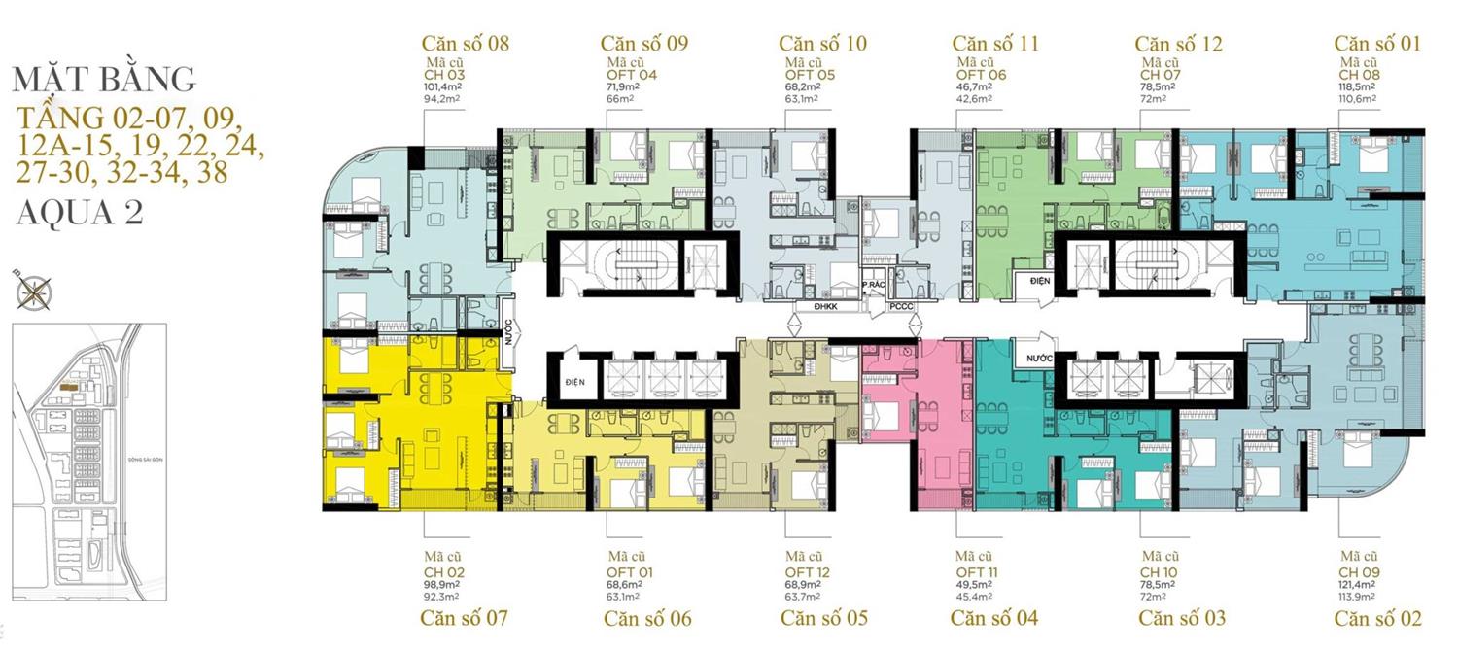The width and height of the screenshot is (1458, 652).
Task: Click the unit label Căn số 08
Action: [465, 44]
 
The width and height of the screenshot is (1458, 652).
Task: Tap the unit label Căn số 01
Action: [1376, 44]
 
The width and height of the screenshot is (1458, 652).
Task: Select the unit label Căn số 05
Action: [823, 618]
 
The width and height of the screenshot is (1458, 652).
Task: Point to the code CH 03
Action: [442, 75]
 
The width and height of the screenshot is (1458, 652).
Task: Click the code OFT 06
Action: [981, 75]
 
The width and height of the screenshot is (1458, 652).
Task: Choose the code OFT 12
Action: [803, 572]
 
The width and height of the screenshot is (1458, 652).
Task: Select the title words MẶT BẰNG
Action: [105, 79]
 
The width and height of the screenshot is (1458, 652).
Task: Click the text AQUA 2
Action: [80, 213]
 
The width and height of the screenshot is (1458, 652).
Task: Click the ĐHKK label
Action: [814, 306]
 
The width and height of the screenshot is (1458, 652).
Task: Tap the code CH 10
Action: [1160, 572]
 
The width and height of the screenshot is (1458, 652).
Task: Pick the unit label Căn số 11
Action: [995, 44]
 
